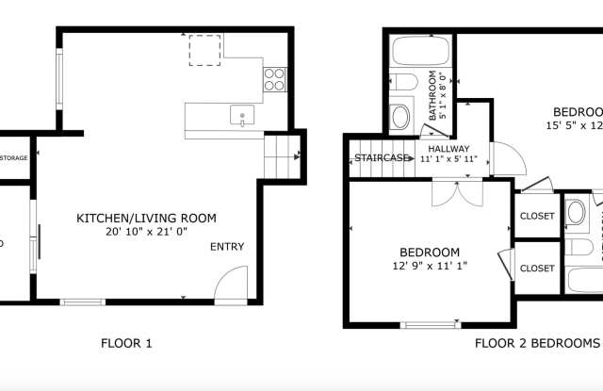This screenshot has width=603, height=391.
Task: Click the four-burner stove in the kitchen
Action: coord(274,79)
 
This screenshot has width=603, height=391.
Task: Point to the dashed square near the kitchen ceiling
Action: coord(204,50)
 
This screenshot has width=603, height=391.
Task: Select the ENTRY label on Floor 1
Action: coord(227,247)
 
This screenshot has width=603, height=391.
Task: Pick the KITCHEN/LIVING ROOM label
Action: coord(146,219)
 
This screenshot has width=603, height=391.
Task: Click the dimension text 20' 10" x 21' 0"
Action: coord(146,233)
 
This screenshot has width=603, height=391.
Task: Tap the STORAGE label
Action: coord(13,157)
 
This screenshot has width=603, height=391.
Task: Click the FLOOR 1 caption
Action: coord(126,343)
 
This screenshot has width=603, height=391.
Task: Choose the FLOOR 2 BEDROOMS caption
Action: coord(537,343)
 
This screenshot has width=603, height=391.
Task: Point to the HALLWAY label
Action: coord(448,149)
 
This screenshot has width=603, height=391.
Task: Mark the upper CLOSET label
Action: coord(537,216)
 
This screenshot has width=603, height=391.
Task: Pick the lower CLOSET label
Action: coord(537,268)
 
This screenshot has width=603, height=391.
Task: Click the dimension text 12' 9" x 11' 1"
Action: coord(430,266)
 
